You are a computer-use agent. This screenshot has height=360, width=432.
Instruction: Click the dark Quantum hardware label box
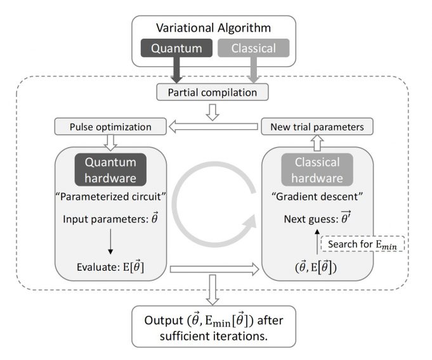pyautogui.click(x=111, y=170)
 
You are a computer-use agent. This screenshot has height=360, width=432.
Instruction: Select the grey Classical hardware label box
pyautogui.click(x=320, y=170)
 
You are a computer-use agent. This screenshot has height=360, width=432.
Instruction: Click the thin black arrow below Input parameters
pyautogui.click(x=110, y=245)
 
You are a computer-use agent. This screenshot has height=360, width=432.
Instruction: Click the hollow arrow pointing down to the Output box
pyautogui.click(x=214, y=295)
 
